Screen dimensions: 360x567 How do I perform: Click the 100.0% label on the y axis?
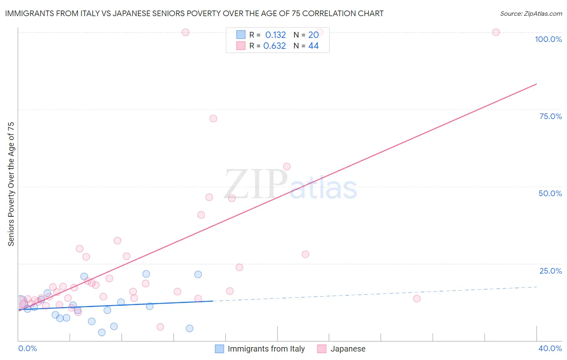point(548,39)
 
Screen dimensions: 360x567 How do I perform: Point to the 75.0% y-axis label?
point(550,116)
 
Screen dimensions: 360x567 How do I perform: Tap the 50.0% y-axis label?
point(550,193)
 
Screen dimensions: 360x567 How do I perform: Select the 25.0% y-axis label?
point(550,270)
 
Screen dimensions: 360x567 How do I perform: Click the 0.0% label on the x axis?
point(27,348)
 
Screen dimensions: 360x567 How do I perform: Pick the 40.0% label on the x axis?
point(550,348)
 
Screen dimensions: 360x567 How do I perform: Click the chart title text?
point(194,13)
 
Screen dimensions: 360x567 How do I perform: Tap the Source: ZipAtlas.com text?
point(531,13)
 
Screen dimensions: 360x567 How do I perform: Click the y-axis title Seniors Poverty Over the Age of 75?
point(11,184)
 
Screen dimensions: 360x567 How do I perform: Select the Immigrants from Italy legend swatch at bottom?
point(219,349)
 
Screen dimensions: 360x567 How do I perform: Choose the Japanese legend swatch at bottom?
point(321,349)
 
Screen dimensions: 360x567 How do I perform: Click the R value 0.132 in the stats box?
point(275,35)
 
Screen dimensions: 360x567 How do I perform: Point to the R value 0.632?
point(275,46)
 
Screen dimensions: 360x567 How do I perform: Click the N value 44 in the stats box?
point(313,46)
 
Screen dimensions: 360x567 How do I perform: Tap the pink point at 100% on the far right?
point(496,32)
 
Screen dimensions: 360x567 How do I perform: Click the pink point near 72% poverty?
point(213,119)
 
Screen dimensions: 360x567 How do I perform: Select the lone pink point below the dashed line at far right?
point(417,299)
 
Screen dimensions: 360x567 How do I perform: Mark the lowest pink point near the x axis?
point(160,327)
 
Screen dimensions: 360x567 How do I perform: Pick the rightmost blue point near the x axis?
point(190,329)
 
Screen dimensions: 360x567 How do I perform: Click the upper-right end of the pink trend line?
point(536,84)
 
